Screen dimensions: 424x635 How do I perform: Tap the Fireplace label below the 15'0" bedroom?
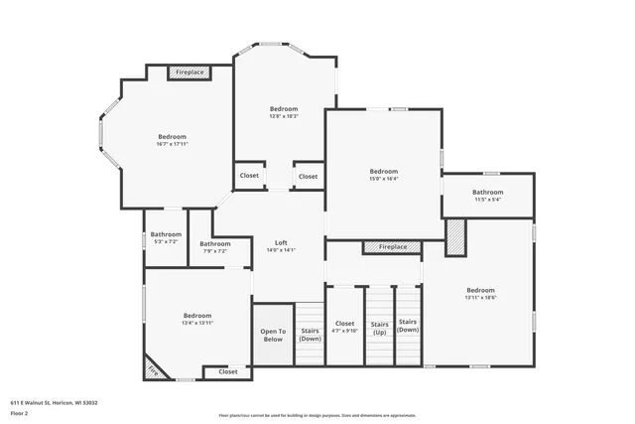pos(392,246)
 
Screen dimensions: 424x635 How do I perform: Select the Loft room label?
pos(281,242)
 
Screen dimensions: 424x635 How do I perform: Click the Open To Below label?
pos(273,336)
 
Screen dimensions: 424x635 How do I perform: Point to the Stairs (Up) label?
pos(379,327)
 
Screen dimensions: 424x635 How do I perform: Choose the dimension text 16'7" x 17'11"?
pos(172,145)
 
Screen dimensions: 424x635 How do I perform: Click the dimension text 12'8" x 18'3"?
pos(284,116)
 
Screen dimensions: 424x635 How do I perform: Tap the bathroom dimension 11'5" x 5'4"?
pos(487,200)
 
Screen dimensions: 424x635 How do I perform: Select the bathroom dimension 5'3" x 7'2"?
pos(166,242)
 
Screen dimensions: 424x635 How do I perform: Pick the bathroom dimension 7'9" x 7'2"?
pos(215,251)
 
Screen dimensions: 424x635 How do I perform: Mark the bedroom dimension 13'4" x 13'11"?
pos(197,323)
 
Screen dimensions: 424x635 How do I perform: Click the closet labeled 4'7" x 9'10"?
pos(344,331)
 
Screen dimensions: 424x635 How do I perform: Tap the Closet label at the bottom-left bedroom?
pos(227,372)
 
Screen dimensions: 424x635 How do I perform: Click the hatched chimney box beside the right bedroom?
pos(454,238)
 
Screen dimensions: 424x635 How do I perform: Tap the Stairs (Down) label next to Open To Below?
pos(311,336)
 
